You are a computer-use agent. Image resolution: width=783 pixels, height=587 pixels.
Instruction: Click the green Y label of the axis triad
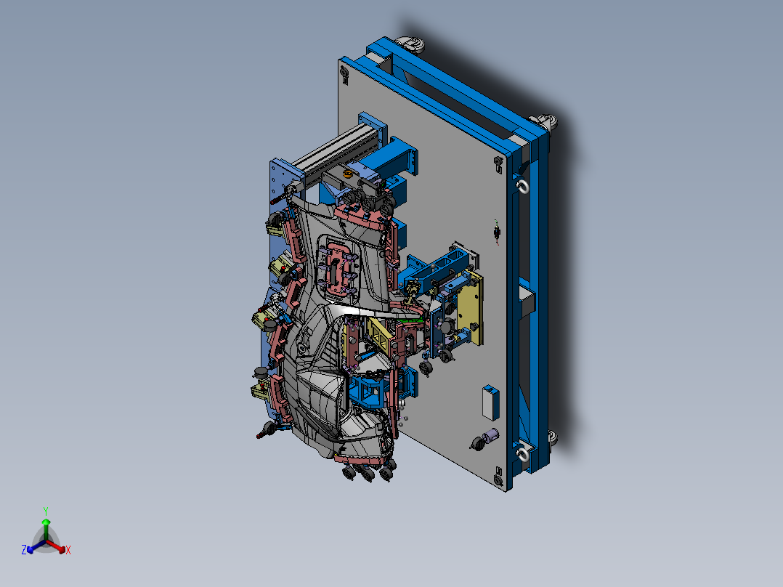point(45,510)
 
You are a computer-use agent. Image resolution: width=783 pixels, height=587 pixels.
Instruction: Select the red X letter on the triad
point(68,551)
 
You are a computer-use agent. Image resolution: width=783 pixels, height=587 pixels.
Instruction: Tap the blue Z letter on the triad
point(24,551)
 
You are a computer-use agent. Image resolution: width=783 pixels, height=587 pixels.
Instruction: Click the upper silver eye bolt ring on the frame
point(522,187)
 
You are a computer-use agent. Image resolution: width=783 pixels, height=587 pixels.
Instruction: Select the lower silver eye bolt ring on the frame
point(522,455)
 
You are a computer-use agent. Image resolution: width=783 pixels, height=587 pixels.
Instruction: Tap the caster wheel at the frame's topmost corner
point(411,45)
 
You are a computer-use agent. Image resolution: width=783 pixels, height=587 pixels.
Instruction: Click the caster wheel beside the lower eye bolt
point(551,437)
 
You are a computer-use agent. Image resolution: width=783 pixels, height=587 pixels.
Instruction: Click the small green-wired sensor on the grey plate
point(496,231)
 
